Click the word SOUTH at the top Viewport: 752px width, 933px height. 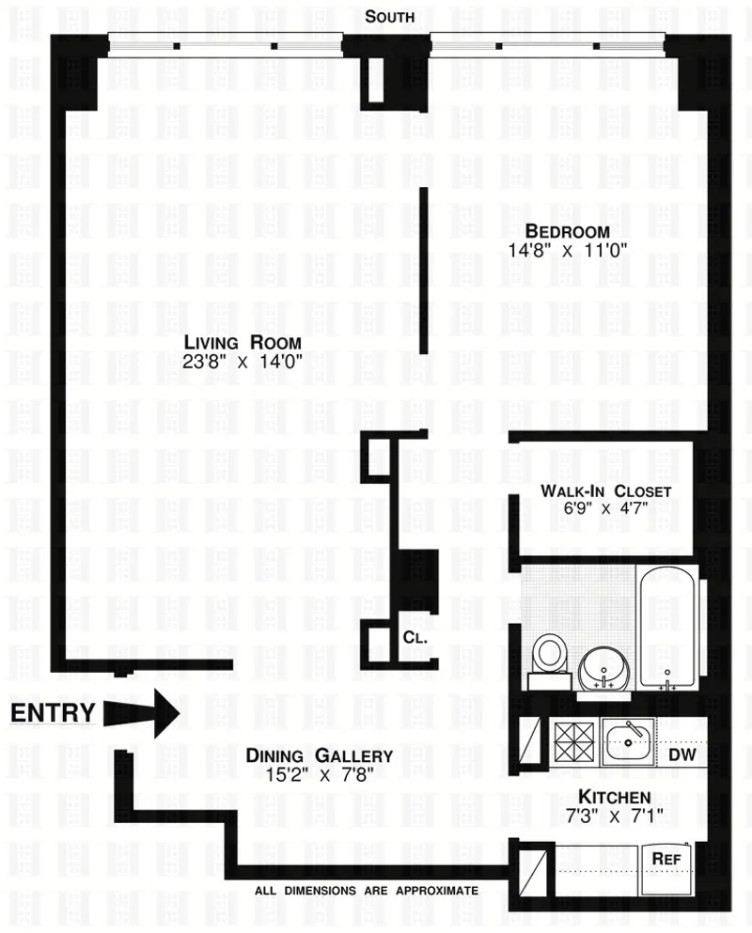pyautogui.click(x=391, y=16)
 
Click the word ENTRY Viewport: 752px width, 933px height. pyautogui.click(x=53, y=713)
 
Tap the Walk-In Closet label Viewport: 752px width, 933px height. pyautogui.click(x=605, y=491)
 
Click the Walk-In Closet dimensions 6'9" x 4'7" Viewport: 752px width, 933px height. pyautogui.click(x=605, y=509)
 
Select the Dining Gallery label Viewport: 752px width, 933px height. pyautogui.click(x=319, y=755)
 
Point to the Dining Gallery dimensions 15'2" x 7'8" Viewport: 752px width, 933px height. pyautogui.click(x=319, y=774)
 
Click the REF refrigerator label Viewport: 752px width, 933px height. pyautogui.click(x=666, y=858)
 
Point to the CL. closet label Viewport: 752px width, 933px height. pyautogui.click(x=415, y=637)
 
